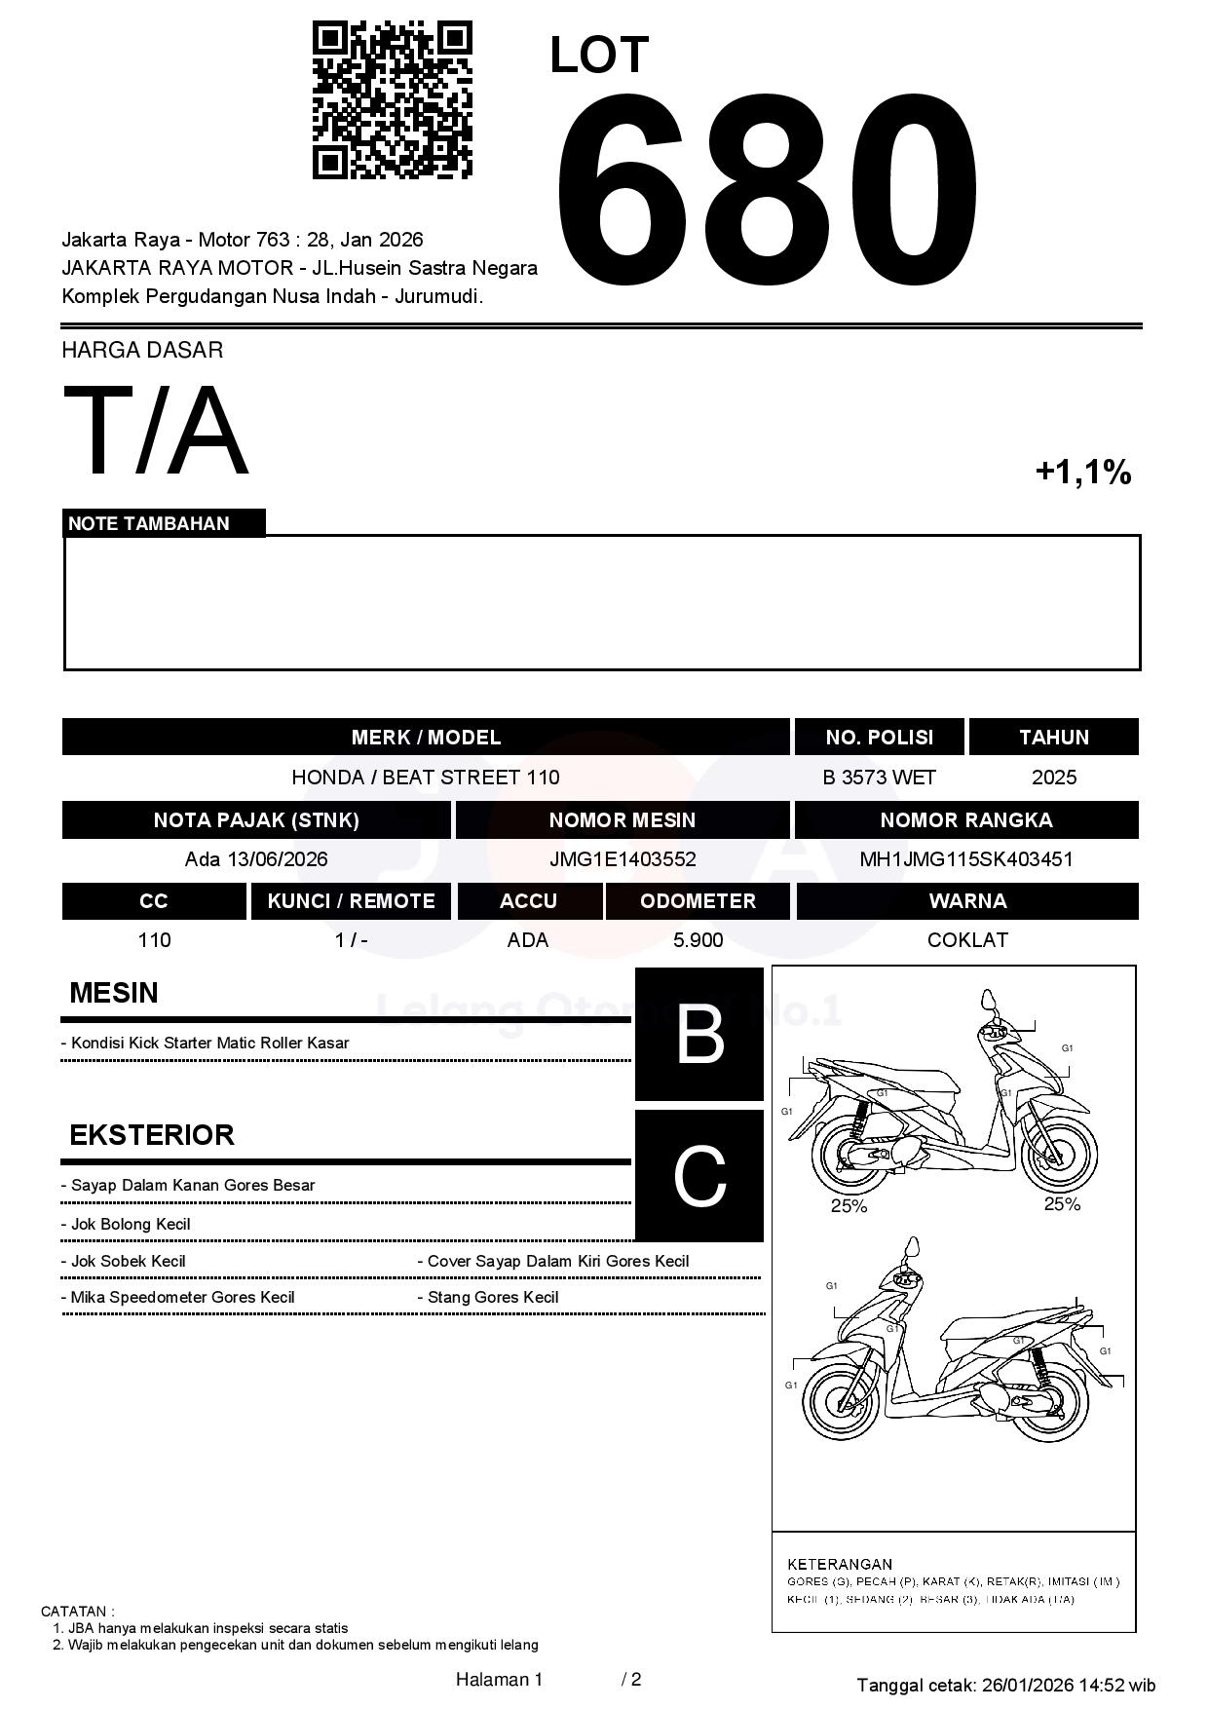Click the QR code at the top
click(392, 100)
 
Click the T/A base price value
click(155, 432)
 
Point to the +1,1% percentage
click(1082, 473)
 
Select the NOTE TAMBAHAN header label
click(149, 523)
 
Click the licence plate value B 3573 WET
click(879, 778)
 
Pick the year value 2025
click(1054, 778)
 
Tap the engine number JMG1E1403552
click(623, 859)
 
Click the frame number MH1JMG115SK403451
click(965, 859)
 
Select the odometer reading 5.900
click(698, 940)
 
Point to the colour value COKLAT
click(967, 940)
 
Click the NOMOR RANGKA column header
click(965, 820)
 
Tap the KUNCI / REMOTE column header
click(351, 901)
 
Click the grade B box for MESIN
click(699, 1034)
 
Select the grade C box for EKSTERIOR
click(699, 1176)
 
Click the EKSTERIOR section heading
click(152, 1135)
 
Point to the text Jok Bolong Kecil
click(131, 1225)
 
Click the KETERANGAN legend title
click(840, 1564)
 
